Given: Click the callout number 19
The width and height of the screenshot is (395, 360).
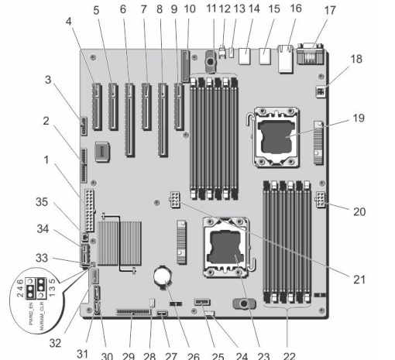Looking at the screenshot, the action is click(359, 118).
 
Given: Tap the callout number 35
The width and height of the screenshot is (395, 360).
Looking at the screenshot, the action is click(42, 202).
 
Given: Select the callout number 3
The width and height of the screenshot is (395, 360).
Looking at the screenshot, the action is click(48, 80).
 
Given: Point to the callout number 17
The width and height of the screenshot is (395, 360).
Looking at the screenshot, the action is click(330, 11).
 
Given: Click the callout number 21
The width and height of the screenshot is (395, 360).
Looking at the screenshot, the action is click(359, 279).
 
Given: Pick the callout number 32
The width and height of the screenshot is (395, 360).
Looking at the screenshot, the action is click(55, 343).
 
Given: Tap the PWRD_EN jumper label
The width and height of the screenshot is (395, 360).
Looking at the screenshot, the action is click(31, 314).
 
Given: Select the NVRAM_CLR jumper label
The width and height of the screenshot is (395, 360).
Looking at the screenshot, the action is click(42, 316).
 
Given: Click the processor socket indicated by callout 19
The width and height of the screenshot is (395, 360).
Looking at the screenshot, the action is click(276, 137).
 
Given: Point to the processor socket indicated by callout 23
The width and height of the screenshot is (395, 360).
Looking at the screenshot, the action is click(226, 247).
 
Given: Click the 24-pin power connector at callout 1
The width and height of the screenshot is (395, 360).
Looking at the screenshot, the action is click(89, 211).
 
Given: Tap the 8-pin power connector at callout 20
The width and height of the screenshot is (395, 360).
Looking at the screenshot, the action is click(321, 200).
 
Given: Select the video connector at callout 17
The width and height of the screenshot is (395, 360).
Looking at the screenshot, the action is click(311, 53).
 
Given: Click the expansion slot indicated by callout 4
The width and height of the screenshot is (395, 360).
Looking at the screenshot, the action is click(97, 106).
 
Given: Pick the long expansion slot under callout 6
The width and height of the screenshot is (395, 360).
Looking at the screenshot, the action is click(129, 120).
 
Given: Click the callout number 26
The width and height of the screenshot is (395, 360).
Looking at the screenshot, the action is click(194, 356).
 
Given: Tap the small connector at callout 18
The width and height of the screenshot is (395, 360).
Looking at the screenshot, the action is click(321, 92).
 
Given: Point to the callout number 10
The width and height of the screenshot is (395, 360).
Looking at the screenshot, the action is click(190, 9).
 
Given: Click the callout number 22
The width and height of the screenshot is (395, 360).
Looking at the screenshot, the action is click(289, 356).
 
